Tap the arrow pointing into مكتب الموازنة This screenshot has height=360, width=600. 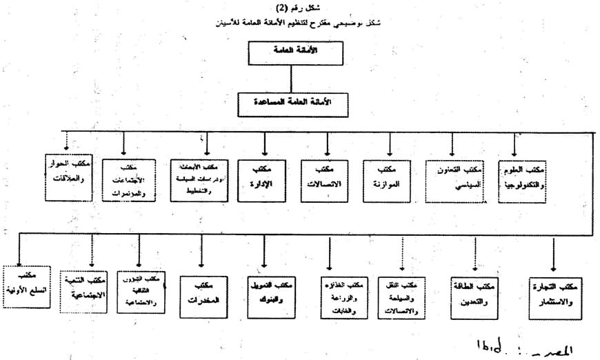390,146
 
